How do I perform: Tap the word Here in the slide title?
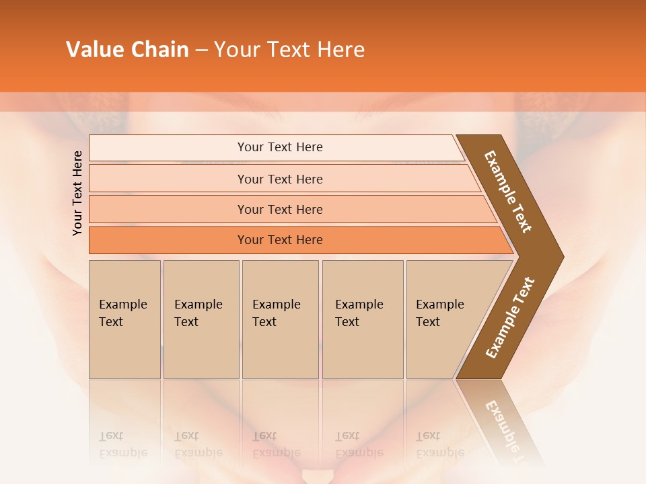tap(340, 50)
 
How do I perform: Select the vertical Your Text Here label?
tap(77, 194)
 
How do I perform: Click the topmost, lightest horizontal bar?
tap(279, 147)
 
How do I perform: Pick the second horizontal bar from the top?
tap(279, 179)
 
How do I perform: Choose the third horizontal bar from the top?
tap(279, 209)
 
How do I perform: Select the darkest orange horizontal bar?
tap(279, 240)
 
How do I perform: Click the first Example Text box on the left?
tap(124, 319)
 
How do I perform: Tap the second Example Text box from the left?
tap(201, 319)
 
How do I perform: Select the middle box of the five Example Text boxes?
tap(280, 319)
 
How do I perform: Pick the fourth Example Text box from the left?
tap(362, 319)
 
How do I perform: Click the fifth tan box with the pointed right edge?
tap(444, 319)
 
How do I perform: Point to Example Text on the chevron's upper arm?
tap(508, 192)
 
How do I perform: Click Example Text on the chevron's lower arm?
tap(509, 318)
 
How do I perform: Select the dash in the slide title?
tap(201, 50)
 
